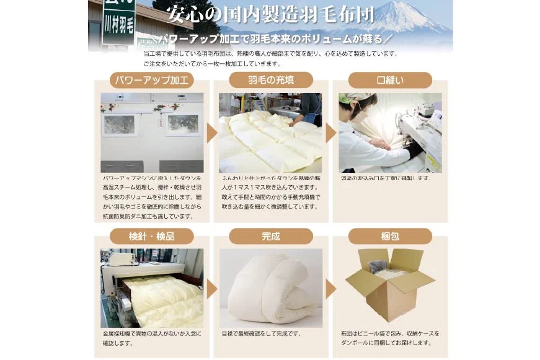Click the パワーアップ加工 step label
click(151, 80)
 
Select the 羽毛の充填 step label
click(271, 80)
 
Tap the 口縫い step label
click(390, 80)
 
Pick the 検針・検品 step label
click(151, 236)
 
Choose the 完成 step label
click(271, 236)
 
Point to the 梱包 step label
click(390, 236)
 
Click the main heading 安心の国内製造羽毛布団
click(271, 14)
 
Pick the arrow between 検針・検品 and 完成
click(211, 289)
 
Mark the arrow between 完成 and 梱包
click(330, 289)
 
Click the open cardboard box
click(389, 285)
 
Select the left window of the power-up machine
click(119, 125)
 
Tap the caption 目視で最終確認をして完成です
click(261, 333)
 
